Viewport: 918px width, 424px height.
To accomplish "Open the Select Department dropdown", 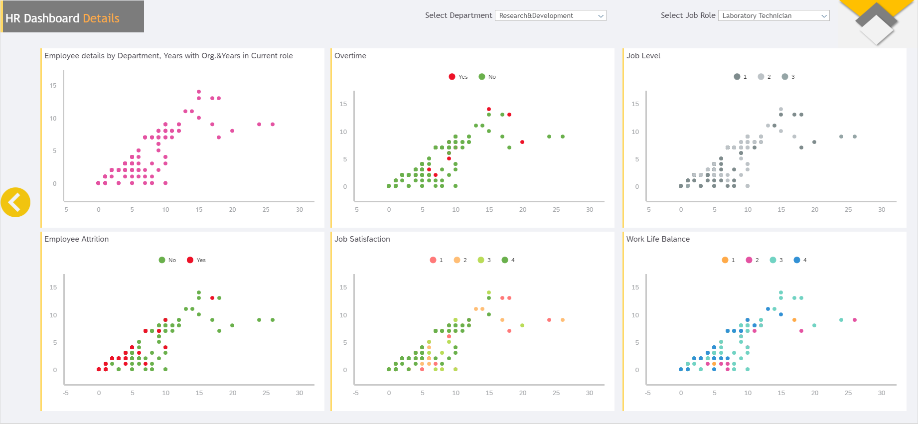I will point(551,15).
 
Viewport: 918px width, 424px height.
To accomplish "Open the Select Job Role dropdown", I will point(774,15).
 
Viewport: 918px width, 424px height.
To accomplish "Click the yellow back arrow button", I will point(15,202).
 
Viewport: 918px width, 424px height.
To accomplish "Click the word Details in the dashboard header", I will point(101,18).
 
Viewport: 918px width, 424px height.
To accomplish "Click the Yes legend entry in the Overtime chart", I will point(458,77).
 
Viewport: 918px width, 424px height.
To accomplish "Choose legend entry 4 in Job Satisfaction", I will point(508,260).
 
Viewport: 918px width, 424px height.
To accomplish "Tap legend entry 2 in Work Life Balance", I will point(752,260).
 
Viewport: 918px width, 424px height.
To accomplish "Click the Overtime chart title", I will point(350,56).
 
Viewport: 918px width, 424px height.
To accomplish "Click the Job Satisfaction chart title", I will point(362,239).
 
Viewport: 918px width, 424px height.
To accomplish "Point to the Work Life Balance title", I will point(658,239).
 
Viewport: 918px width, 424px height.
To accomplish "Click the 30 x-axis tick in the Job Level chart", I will point(882,210).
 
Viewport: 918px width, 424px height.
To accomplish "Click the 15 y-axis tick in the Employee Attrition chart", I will point(53,287).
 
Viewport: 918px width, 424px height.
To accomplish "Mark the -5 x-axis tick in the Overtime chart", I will point(356,210).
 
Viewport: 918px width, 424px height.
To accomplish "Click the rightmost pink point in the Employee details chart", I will point(273,125).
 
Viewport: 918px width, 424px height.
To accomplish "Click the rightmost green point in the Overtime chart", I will point(563,137).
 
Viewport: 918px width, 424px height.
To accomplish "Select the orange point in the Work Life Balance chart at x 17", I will point(794,320).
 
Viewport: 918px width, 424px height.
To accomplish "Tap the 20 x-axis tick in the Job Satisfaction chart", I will point(523,393).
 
